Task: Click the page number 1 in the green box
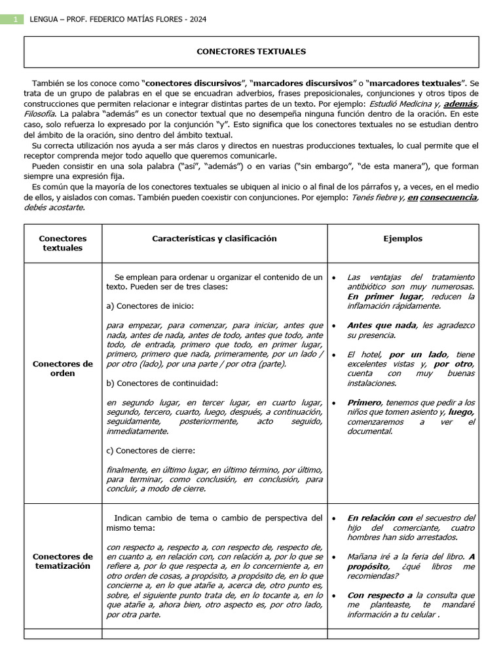click(14, 20)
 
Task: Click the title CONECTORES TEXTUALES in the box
click(251, 51)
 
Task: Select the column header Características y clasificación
click(214, 239)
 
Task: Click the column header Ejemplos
click(403, 239)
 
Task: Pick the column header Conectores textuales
click(63, 243)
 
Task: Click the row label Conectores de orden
click(63, 368)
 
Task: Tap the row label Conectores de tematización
click(63, 561)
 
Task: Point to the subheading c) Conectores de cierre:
click(150, 450)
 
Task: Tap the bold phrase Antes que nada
click(382, 325)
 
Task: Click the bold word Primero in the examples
click(363, 402)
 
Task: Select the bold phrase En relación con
click(380, 518)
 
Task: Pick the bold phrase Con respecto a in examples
click(380, 595)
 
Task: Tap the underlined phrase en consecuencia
click(442, 198)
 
